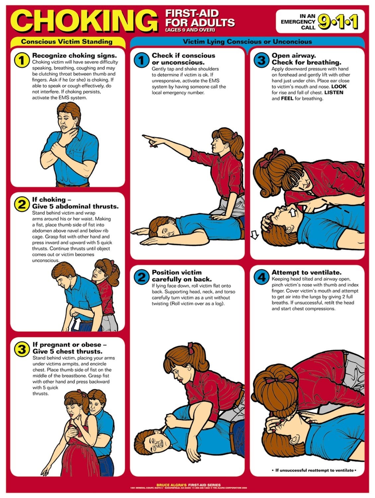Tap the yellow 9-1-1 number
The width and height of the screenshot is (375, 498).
click(338, 22)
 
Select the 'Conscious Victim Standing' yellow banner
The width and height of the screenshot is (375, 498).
click(67, 42)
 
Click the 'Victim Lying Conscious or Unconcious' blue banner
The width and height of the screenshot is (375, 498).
click(247, 42)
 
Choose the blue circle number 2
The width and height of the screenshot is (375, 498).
click(141, 277)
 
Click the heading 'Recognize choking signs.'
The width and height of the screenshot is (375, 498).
click(74, 55)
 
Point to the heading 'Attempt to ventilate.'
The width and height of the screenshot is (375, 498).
click(306, 273)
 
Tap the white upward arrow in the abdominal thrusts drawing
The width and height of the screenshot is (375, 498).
click(76, 324)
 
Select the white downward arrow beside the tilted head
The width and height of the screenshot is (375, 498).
click(254, 235)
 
